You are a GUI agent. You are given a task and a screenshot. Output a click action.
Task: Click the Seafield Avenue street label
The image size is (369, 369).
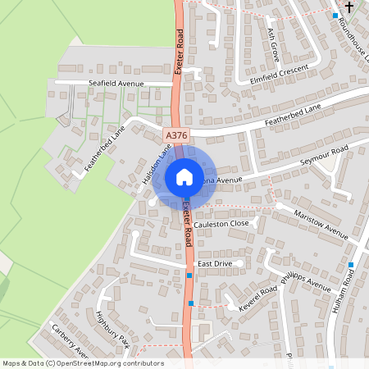tap(116, 84)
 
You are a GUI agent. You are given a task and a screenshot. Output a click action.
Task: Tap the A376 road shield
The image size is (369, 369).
tap(175, 134)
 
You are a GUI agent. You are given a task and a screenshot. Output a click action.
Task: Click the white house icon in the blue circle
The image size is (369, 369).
tap(184, 176)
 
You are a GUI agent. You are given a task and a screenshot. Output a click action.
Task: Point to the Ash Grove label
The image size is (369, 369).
tap(274, 45)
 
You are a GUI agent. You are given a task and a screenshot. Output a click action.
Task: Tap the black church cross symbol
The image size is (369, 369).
tap(350, 7)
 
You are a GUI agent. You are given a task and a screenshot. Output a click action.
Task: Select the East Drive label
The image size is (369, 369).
tap(216, 263)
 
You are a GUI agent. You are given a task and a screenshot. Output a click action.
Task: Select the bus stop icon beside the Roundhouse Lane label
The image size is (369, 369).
tap(335, 16)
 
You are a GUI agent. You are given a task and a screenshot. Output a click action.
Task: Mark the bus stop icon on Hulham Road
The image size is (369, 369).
tap(351, 264)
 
